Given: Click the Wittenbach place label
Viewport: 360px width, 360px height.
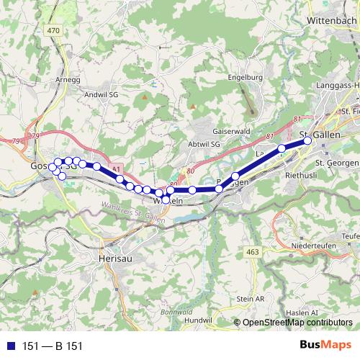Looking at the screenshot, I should point(332,22).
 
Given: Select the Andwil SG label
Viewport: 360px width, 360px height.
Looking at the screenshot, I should point(101,94).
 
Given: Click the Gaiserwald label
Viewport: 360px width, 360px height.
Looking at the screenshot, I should point(231,132).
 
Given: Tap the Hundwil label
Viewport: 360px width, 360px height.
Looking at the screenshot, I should point(195,318).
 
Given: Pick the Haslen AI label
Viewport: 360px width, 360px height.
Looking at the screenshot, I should point(301,312).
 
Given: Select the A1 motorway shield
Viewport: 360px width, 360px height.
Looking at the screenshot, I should point(116,167).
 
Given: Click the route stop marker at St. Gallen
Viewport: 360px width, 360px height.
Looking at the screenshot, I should point(307,141).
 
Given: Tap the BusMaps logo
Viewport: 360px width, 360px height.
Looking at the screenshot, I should point(325,346).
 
